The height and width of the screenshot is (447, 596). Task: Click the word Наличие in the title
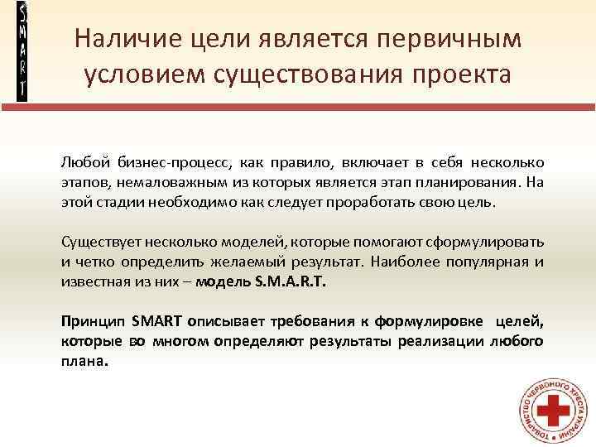122,39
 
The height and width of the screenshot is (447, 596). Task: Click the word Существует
103,242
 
